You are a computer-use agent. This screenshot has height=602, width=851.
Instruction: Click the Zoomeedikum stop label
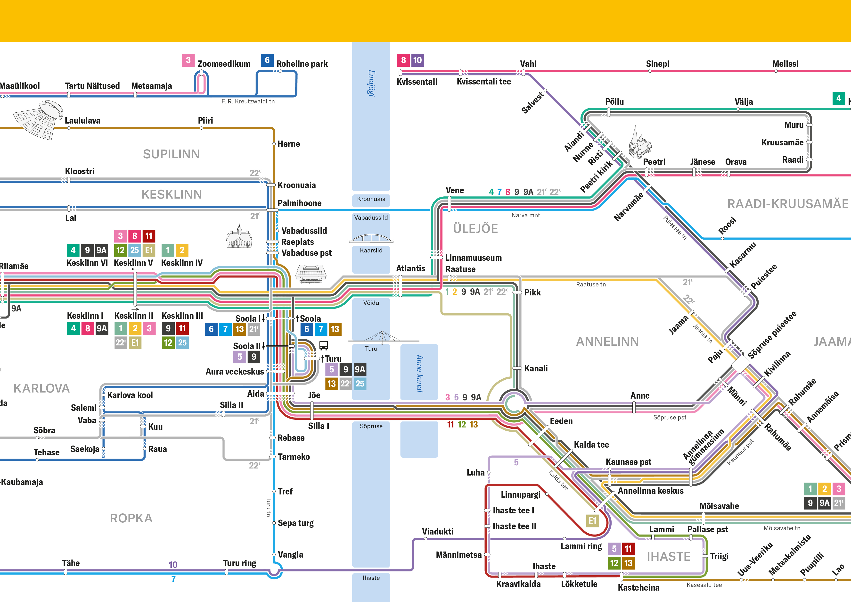[224, 64]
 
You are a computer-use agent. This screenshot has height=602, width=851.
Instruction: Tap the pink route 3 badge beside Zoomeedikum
[188, 60]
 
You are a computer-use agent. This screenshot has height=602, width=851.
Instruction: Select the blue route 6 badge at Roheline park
[267, 60]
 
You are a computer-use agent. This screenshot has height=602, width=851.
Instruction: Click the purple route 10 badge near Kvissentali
[417, 60]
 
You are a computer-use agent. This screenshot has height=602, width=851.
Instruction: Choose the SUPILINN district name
[171, 154]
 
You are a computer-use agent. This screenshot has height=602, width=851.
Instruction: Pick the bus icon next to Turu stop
[324, 346]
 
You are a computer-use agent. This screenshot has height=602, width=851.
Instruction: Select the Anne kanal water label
[419, 373]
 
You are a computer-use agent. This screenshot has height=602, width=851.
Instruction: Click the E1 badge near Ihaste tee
[592, 520]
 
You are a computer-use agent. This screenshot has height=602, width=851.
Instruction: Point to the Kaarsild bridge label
[371, 250]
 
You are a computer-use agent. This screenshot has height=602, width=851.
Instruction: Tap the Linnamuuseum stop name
[473, 258]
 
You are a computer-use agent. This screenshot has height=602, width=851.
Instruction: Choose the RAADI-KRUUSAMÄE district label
[788, 204]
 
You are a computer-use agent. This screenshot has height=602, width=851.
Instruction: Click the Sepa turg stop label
[295, 523]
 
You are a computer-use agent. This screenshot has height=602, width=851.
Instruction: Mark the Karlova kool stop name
[130, 395]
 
